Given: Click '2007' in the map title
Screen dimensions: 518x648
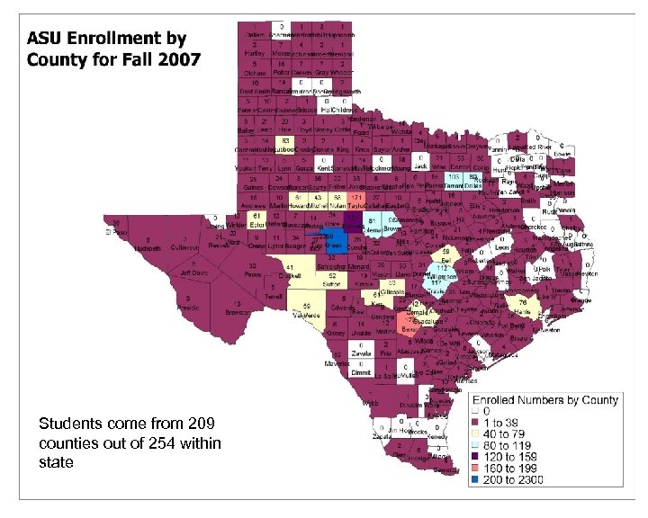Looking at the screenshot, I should pos(181,61).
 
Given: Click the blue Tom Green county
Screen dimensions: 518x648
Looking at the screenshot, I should pos(331,240).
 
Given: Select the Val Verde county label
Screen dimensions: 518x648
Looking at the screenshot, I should pos(300,312).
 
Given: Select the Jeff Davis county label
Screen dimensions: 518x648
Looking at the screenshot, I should pos(192,272).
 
